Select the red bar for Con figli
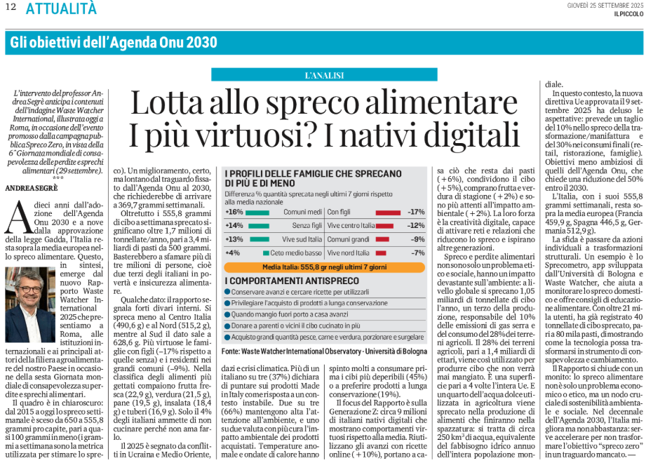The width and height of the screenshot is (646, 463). (x=388, y=211)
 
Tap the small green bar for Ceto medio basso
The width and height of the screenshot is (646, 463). (x=266, y=252)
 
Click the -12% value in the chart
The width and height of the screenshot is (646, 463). (x=416, y=225)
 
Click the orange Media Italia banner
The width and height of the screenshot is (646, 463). (x=324, y=267)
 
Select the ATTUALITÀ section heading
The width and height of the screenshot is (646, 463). (x=61, y=8)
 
